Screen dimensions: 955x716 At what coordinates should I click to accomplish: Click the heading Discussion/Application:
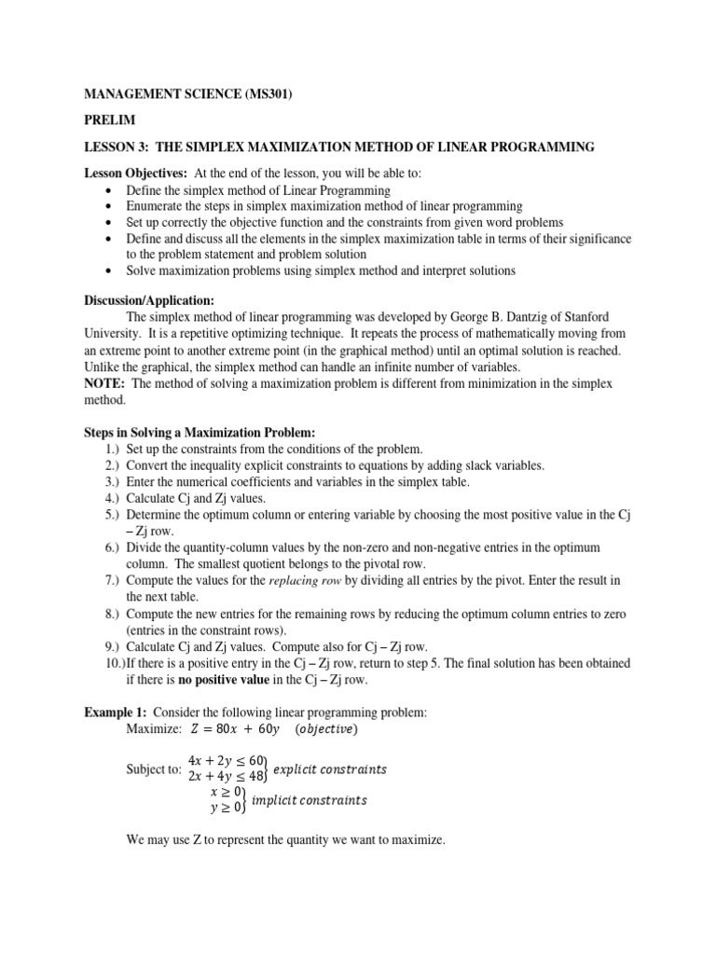[x=149, y=300]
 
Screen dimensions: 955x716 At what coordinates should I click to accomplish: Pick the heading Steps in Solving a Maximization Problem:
[x=200, y=434]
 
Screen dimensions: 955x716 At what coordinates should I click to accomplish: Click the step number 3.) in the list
[x=112, y=481]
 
